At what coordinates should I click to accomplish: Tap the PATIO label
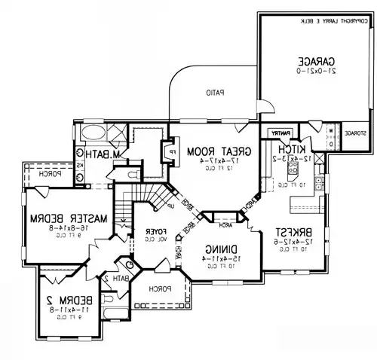217,94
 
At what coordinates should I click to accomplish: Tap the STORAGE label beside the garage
355,133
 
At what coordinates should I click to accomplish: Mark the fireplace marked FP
161,150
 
